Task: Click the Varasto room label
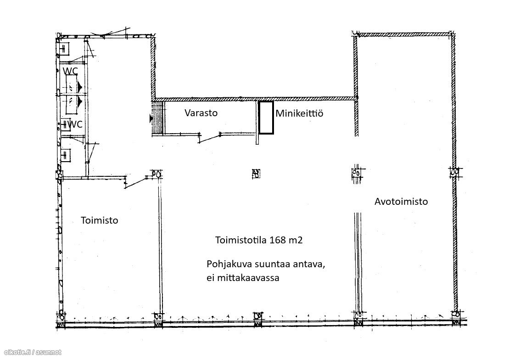[201, 113]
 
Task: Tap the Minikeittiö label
[299, 113]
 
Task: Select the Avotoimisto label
[401, 201]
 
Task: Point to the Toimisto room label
[99, 220]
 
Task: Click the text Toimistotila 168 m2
[259, 240]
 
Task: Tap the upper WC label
[70, 71]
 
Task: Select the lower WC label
[75, 124]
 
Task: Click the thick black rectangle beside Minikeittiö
[266, 118]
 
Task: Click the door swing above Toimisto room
[136, 182]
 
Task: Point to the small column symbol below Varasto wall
[256, 174]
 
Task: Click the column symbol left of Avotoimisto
[357, 173]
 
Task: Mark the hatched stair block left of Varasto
[158, 118]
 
